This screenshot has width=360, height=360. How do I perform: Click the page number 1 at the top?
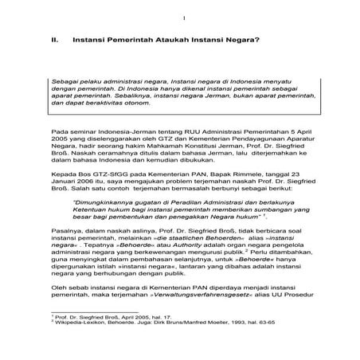(182, 18)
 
